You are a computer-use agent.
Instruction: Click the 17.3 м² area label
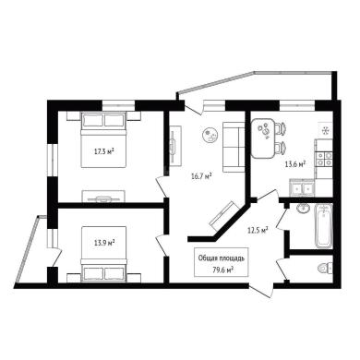point(104,151)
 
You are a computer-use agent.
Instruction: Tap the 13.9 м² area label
point(104,243)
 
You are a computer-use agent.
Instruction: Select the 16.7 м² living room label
point(201,176)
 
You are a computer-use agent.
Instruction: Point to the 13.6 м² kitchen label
point(295,163)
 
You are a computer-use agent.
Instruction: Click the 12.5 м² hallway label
point(258,230)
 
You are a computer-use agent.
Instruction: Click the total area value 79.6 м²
point(222,270)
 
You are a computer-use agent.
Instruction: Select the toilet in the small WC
point(325,269)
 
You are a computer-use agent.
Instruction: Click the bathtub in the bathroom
point(323,226)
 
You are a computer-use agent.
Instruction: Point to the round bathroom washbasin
point(304,209)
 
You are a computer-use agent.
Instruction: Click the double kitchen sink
point(302,188)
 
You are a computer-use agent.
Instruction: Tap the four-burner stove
point(325,159)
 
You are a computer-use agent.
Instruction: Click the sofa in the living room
point(234,147)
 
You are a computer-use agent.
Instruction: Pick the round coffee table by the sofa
point(210,135)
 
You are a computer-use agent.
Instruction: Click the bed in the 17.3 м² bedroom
point(104,139)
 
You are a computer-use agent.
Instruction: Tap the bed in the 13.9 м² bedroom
point(104,254)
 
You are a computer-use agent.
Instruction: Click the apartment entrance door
point(261,289)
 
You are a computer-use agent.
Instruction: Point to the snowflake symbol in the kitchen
point(325,131)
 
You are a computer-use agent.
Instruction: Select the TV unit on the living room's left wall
point(174,146)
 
